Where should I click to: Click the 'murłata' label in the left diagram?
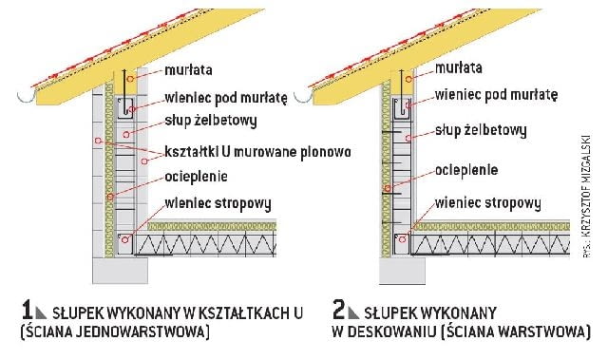pos(187,69)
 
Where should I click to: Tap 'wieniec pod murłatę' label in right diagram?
pos(495,95)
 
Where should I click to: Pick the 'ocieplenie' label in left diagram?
pos(197,177)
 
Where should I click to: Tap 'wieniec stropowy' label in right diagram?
pos(486,204)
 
